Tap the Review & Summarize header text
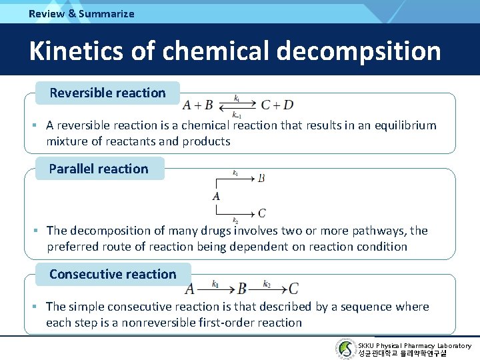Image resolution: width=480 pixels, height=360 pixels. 81,13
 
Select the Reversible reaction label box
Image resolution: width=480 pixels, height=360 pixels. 107,93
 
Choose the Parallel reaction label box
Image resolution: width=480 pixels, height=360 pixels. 99,169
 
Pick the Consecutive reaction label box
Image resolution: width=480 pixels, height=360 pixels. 113,274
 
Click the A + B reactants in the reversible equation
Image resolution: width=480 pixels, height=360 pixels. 198,105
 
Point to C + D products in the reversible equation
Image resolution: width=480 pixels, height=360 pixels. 277,105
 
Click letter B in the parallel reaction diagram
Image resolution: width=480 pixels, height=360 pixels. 261,178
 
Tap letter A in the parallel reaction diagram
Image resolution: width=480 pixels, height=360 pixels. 216,196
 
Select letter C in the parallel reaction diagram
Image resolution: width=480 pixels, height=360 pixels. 262,213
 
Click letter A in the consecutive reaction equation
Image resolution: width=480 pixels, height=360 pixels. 190,289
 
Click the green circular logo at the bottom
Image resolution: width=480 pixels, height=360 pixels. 346,349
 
